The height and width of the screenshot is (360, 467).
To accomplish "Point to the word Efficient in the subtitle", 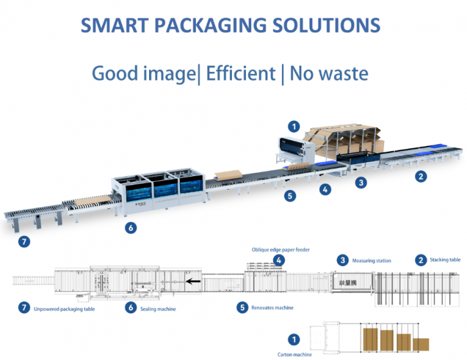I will [236, 73].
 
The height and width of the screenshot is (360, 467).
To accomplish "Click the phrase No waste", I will [329, 73].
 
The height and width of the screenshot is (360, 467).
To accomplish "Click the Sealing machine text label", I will [158, 309].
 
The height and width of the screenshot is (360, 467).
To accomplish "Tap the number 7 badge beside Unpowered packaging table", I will [24, 308].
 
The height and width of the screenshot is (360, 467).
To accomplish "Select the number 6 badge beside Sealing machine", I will [131, 308].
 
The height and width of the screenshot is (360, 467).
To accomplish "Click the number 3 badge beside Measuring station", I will [343, 260].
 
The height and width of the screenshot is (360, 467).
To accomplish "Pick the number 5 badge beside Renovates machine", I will [242, 307].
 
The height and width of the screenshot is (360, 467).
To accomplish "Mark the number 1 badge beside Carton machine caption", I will [294, 339].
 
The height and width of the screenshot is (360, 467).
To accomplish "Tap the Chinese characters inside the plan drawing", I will [347, 282].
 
